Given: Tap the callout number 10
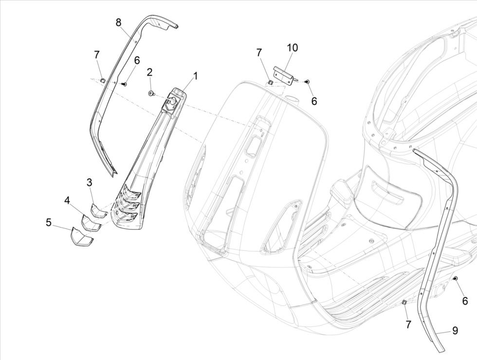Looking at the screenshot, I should pyautogui.click(x=292, y=48).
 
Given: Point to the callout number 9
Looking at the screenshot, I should pyautogui.click(x=455, y=331).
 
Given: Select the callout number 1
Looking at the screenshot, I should pyautogui.click(x=196, y=76).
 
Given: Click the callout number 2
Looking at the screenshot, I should pyautogui.click(x=149, y=72).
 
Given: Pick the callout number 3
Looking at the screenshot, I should pyautogui.click(x=90, y=182).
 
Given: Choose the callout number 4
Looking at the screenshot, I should pyautogui.click(x=67, y=200).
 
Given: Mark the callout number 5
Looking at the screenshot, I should pyautogui.click(x=49, y=222).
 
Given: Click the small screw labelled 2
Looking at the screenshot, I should pyautogui.click(x=151, y=93).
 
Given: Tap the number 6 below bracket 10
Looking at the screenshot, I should pyautogui.click(x=314, y=101).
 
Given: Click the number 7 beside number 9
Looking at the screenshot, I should pyautogui.click(x=408, y=323).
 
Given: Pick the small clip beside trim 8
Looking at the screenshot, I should pyautogui.click(x=102, y=79).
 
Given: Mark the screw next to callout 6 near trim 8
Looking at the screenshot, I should pyautogui.click(x=123, y=84).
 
